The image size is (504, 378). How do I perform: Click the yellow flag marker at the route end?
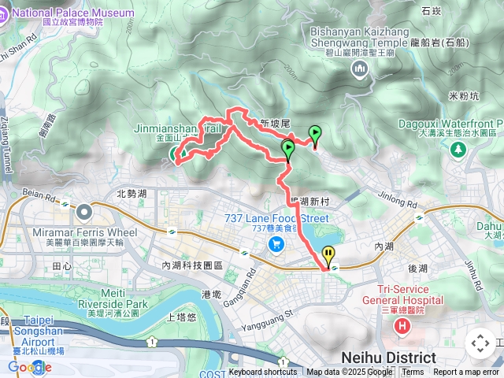click(328, 255)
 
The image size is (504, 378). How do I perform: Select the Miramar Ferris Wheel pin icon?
click(84, 211)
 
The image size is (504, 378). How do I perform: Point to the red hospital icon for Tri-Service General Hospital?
click(403, 325)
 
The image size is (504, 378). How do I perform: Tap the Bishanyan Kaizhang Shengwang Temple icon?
click(361, 69)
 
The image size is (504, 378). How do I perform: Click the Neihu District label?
click(389, 358)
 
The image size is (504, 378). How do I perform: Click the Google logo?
click(25, 367)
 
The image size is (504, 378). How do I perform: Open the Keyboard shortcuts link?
click(263, 372)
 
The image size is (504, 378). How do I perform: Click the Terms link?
click(413, 372)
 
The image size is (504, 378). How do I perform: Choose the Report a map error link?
click(466, 372)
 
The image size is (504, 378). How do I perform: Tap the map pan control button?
click(480, 343)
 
